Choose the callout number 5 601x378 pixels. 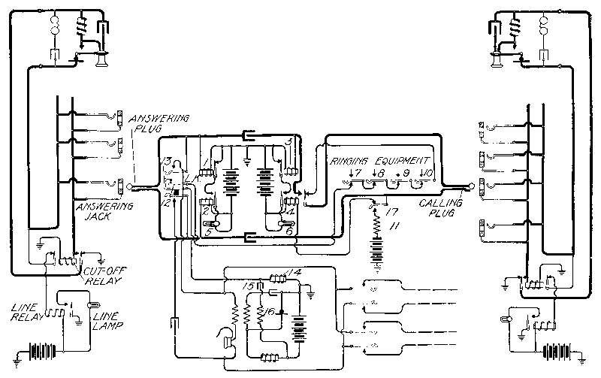210,232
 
